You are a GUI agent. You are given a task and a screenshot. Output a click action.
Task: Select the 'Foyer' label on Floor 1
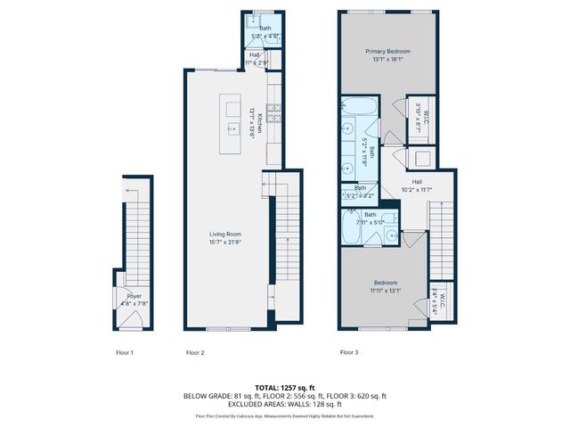coord(134,295)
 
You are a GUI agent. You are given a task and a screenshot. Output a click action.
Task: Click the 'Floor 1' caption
coord(125,352)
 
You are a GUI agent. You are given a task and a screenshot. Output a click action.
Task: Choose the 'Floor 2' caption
coord(195,352)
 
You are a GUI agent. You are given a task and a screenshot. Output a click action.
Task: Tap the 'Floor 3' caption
coord(349,352)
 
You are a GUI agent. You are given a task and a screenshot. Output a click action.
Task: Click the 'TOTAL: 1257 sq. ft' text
coord(285,388)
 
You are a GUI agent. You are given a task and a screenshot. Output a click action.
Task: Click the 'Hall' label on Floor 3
coord(416,181)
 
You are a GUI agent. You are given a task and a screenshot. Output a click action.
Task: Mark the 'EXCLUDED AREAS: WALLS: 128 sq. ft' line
coord(285,404)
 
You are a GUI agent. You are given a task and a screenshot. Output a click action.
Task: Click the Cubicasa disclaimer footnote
coord(285,416)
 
